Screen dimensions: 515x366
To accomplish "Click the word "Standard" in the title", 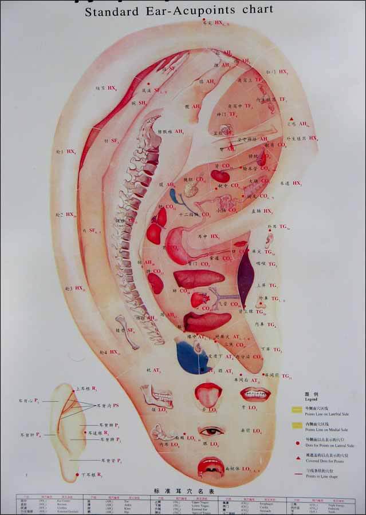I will tap(113, 11).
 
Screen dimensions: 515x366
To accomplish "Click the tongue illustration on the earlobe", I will tap(208, 394).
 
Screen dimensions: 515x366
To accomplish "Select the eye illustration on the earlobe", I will tap(211, 430).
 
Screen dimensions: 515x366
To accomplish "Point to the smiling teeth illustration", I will tap(255, 394).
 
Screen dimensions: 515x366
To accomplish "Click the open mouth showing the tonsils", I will tap(211, 466).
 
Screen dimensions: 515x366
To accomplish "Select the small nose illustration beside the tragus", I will tap(269, 239).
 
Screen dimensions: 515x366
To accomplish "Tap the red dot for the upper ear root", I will tap(73, 389).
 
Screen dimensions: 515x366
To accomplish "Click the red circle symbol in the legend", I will tap(298, 442).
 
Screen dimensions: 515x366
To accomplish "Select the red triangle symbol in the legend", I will tap(298, 458).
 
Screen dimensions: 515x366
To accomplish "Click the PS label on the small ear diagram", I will tap(116, 405).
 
